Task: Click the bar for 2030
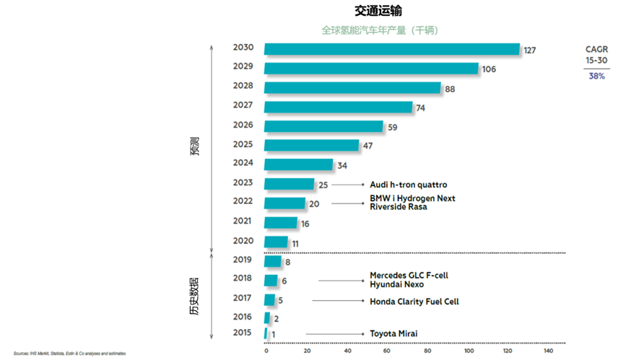coord(392,49)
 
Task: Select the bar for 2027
coord(338,107)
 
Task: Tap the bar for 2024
coord(298,164)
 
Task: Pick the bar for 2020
coord(276,242)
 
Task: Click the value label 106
coord(489,69)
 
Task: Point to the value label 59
coord(393,127)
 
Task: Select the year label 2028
coord(243,86)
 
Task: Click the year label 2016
coord(243,316)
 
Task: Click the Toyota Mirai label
coord(393,333)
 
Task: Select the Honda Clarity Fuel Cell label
coord(414,302)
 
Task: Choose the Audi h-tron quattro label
coord(408,185)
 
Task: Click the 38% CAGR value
coord(596,76)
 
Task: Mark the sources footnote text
coord(64,354)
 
